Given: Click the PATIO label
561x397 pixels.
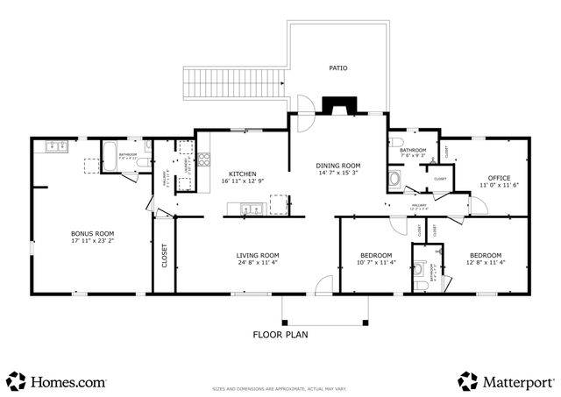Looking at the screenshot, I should point(337,67).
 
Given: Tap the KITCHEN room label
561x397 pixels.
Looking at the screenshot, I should point(242,174).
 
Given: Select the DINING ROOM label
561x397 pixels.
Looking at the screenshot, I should point(337,165).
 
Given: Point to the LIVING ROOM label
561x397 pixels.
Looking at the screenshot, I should point(257,256).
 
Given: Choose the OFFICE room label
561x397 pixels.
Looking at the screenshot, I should point(500,178).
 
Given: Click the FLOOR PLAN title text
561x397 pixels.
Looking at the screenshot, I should point(280,334).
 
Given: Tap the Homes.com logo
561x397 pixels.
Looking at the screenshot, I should point(57,381).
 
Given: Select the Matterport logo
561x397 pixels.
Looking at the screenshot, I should point(506,381).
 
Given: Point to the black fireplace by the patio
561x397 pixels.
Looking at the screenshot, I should point(334,107).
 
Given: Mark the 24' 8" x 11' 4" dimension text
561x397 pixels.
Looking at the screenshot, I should point(257,263).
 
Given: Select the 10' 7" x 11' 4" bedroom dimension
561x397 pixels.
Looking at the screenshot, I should point(376,262).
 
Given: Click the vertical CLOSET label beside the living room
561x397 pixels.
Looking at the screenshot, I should point(164,256).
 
